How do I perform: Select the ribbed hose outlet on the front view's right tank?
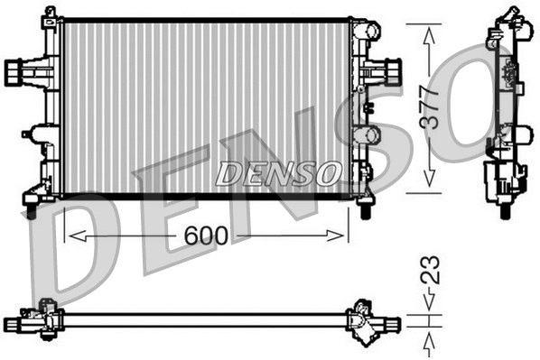(x=392, y=69)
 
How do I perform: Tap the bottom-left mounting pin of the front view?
(x=32, y=210)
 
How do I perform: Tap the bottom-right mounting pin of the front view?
(x=365, y=210)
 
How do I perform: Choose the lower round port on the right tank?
(x=367, y=134)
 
